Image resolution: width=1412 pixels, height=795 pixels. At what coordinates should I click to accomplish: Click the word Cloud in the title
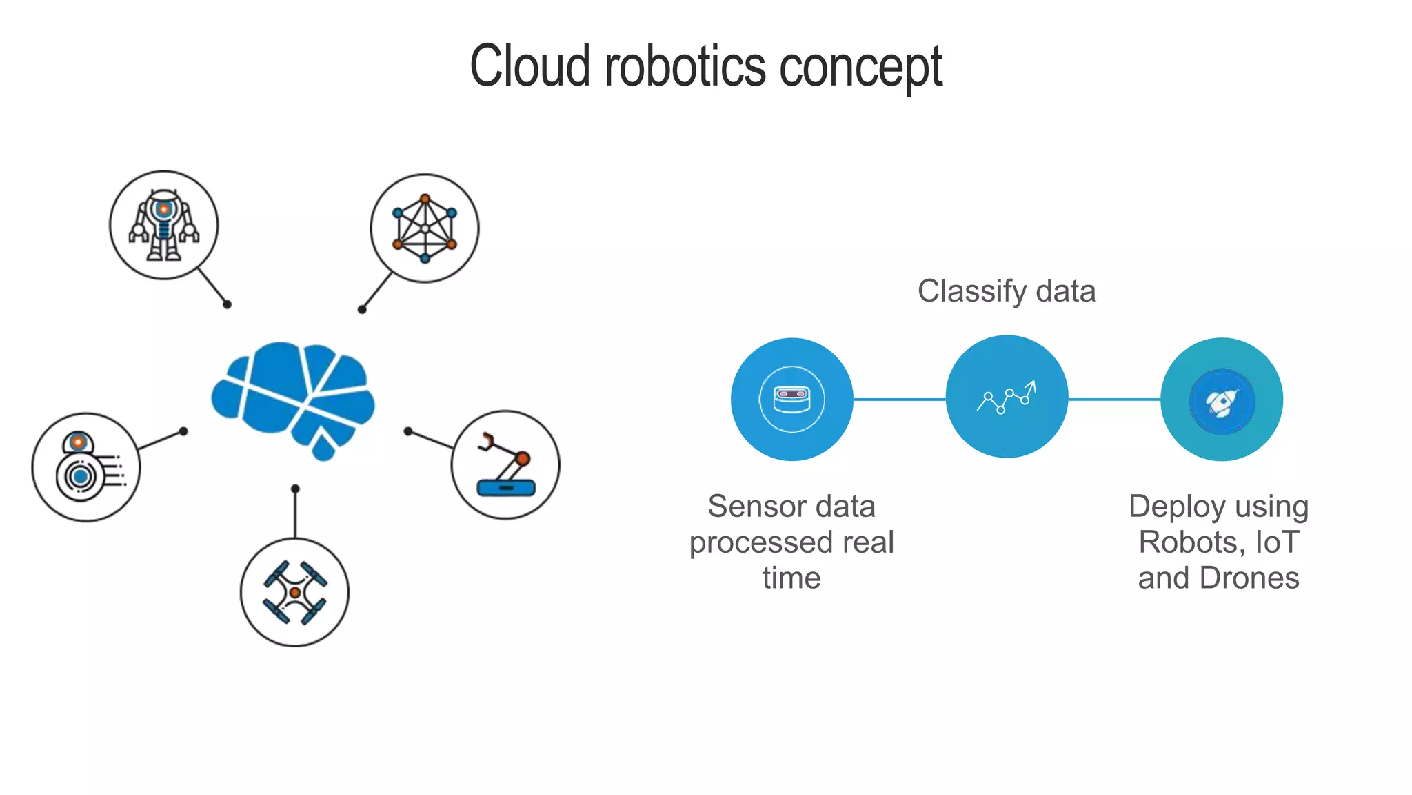(529, 66)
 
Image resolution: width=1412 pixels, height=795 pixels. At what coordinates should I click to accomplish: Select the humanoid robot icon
(163, 226)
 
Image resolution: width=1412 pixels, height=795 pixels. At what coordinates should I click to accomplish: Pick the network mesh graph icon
(425, 228)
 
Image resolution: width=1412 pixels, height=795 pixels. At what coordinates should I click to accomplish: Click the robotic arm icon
(505, 465)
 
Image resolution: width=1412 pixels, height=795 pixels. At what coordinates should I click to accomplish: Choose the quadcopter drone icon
(294, 592)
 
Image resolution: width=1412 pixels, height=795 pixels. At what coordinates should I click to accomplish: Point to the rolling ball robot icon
(86, 467)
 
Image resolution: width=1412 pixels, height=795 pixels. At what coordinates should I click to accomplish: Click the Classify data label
(1006, 291)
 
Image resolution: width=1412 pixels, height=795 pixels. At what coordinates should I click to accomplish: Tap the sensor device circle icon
(791, 400)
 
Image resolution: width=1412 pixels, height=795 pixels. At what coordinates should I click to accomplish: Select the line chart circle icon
(1007, 397)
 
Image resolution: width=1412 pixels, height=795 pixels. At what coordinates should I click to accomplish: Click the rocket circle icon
(1222, 400)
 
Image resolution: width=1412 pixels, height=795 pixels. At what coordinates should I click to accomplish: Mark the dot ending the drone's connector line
(295, 489)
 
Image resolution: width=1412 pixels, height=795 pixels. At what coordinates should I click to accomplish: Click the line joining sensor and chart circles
(899, 399)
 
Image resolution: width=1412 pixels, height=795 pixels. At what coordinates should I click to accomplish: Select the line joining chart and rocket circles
(1114, 399)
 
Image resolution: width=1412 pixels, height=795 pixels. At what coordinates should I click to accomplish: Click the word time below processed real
(791, 578)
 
